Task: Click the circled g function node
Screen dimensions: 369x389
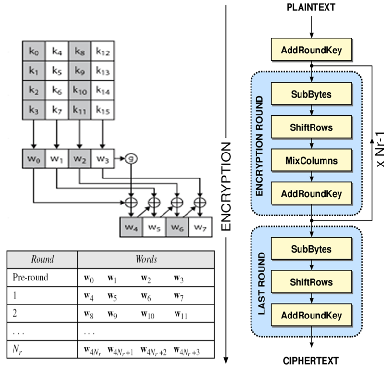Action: (129, 158)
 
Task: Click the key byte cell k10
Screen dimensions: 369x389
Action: (80, 91)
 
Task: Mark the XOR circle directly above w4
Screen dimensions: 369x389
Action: (130, 202)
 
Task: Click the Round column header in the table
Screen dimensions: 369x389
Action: (42, 259)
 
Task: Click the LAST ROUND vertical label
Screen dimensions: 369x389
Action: (262, 282)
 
